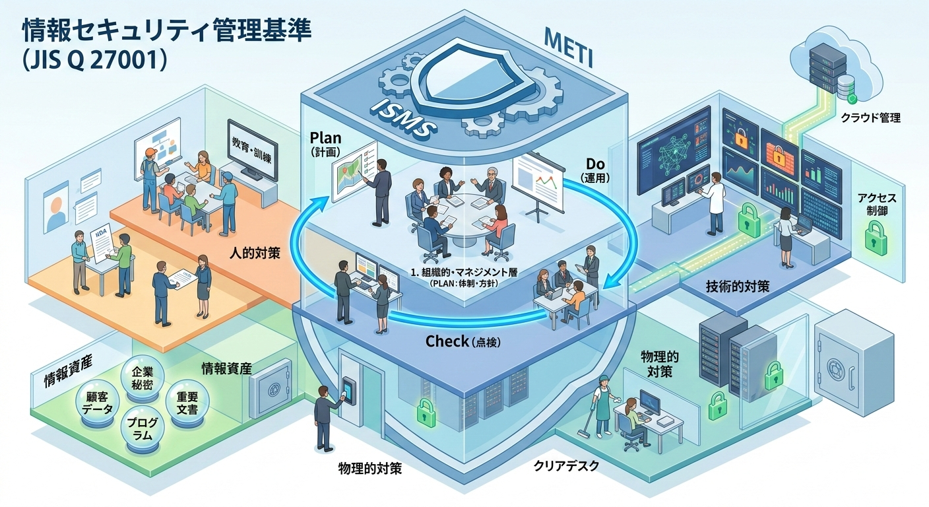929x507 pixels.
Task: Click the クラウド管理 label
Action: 870,119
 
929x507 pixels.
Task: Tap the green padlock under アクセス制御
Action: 876,235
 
